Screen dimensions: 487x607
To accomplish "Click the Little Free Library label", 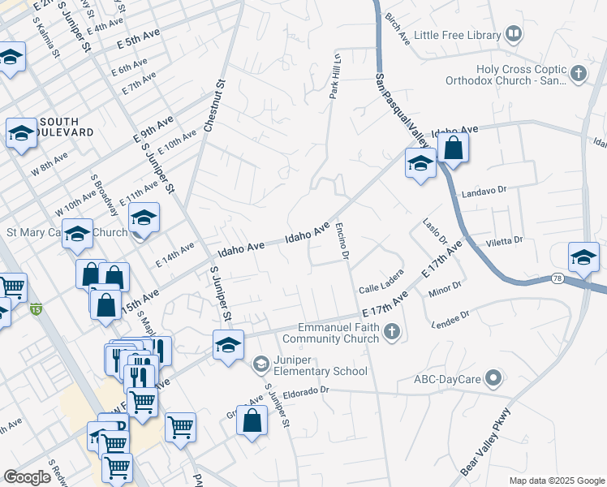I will (457, 35).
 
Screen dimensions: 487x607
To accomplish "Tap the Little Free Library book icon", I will (513, 34).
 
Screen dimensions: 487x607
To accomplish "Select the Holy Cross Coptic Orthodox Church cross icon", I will (578, 75).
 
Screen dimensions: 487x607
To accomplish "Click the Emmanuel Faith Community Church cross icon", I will (392, 330).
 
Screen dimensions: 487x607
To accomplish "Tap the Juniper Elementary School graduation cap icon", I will (260, 363).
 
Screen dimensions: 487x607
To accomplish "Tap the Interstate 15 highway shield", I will (34, 308).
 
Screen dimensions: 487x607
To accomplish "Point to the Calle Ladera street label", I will (381, 286).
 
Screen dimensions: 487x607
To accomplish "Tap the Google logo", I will (27, 477).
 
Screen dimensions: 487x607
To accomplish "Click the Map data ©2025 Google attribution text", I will (556, 481).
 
